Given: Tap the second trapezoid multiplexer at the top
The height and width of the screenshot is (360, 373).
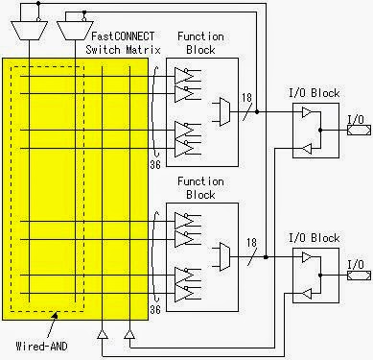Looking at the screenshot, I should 74,31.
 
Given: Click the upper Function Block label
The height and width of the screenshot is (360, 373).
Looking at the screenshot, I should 200,42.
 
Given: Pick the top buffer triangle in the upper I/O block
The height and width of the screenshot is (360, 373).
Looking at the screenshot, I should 307,113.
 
